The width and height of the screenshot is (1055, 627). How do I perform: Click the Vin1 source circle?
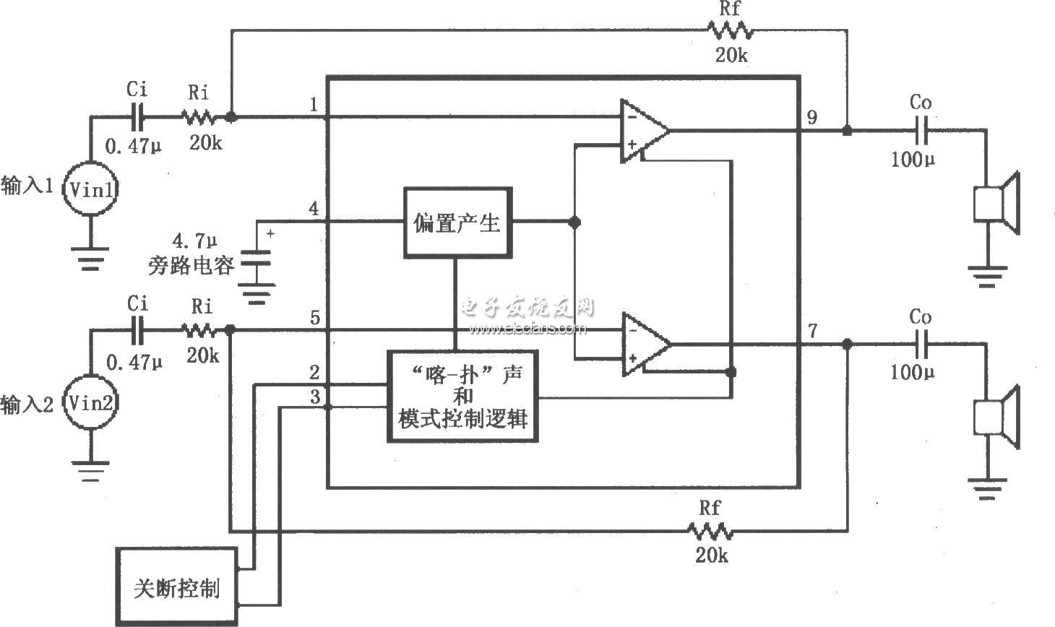point(90,189)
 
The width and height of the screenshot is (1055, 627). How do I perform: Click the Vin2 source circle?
point(90,402)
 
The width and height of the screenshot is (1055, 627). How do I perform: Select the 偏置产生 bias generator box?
point(457,222)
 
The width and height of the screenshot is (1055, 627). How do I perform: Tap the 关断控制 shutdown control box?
point(176,587)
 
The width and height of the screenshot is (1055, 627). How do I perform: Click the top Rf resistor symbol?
point(730,31)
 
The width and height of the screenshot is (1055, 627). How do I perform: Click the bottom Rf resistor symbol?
point(710,532)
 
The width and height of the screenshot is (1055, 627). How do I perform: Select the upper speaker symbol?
point(996,203)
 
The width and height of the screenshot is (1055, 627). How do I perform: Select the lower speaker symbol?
point(996,418)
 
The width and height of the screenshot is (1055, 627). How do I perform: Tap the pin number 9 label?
point(812,116)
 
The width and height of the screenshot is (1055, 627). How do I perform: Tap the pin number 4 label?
point(314,209)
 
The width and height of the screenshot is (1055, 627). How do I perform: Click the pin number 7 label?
point(813,331)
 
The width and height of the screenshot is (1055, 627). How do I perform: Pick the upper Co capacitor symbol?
point(920,131)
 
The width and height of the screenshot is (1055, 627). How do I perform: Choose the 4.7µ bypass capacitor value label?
point(190,239)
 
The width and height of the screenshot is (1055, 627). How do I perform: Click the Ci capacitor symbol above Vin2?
point(137,331)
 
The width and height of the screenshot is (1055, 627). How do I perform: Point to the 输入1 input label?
point(27,186)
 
